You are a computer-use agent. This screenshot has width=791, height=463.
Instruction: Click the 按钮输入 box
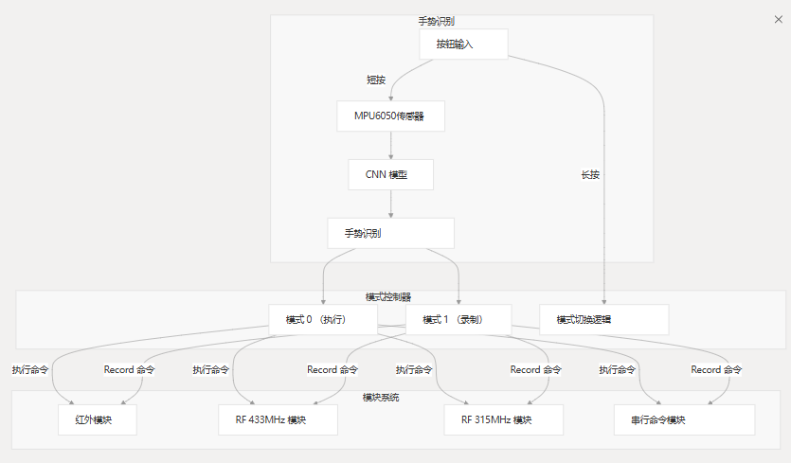click(x=463, y=44)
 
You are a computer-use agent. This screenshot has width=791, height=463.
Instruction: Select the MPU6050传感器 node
click(x=391, y=116)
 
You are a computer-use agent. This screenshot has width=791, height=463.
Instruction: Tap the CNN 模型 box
click(x=391, y=174)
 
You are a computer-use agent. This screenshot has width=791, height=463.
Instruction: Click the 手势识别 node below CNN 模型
click(x=390, y=233)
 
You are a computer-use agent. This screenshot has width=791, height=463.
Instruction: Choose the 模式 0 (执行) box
click(x=323, y=319)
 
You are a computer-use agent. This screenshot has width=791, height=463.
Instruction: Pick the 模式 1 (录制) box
click(x=458, y=319)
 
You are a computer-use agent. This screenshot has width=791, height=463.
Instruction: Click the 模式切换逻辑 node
click(x=603, y=319)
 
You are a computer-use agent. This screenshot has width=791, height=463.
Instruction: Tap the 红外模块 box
click(x=98, y=419)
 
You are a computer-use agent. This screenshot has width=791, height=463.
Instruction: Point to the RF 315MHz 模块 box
click(x=503, y=419)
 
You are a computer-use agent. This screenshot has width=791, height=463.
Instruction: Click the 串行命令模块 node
click(x=684, y=419)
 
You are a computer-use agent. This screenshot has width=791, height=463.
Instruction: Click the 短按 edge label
click(x=376, y=80)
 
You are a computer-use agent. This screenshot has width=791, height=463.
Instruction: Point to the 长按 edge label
click(x=590, y=174)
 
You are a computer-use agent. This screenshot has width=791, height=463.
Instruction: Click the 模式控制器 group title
click(x=395, y=296)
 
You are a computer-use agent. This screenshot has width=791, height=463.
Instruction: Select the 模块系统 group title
click(x=381, y=396)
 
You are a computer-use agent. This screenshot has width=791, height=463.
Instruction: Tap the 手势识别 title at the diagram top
click(x=437, y=21)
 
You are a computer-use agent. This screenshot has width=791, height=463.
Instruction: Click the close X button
click(x=779, y=19)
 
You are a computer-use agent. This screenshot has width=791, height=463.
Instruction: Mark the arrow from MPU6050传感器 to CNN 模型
click(x=391, y=145)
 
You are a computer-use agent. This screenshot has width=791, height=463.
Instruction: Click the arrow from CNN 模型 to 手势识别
click(x=391, y=204)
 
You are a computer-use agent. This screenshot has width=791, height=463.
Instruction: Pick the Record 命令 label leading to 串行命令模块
click(x=715, y=369)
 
